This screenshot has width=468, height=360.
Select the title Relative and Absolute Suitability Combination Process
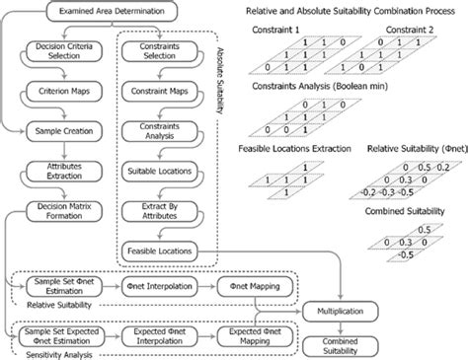[360, 13]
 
